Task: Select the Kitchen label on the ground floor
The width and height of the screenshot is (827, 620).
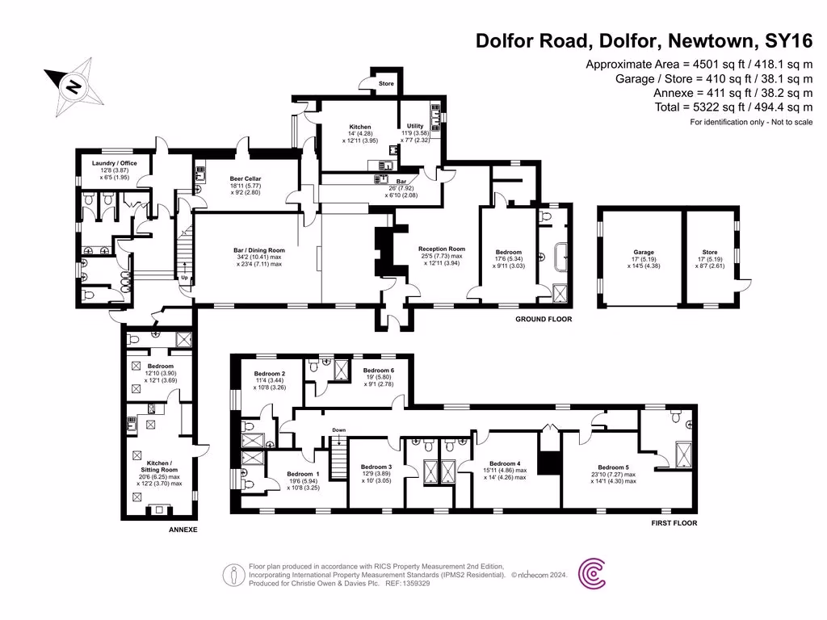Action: pyautogui.click(x=359, y=128)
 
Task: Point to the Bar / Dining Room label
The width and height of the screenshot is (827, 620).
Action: pyautogui.click(x=258, y=250)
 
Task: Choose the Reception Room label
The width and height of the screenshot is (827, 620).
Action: pyautogui.click(x=442, y=249)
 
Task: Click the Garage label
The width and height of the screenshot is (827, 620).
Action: pyautogui.click(x=644, y=252)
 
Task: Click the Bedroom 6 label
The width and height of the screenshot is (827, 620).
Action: pyautogui.click(x=379, y=370)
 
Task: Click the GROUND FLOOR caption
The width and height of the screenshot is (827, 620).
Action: pyautogui.click(x=544, y=320)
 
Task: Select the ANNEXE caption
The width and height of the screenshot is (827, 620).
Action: pyautogui.click(x=183, y=530)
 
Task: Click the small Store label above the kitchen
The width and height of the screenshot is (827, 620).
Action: pyautogui.click(x=386, y=84)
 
